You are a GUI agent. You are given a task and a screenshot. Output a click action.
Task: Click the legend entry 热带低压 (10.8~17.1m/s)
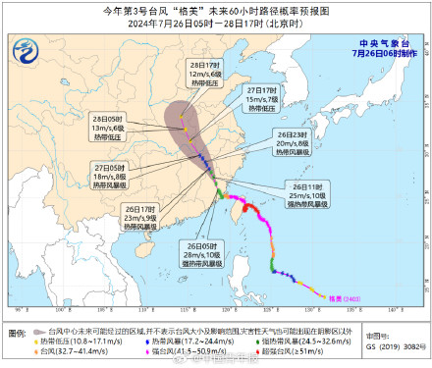coord(68,341)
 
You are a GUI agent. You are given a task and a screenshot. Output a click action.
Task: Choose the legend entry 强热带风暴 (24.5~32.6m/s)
coord(274,341)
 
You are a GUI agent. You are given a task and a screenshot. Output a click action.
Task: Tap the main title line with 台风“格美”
coord(216,11)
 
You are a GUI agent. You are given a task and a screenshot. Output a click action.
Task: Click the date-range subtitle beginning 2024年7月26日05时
coord(216,24)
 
